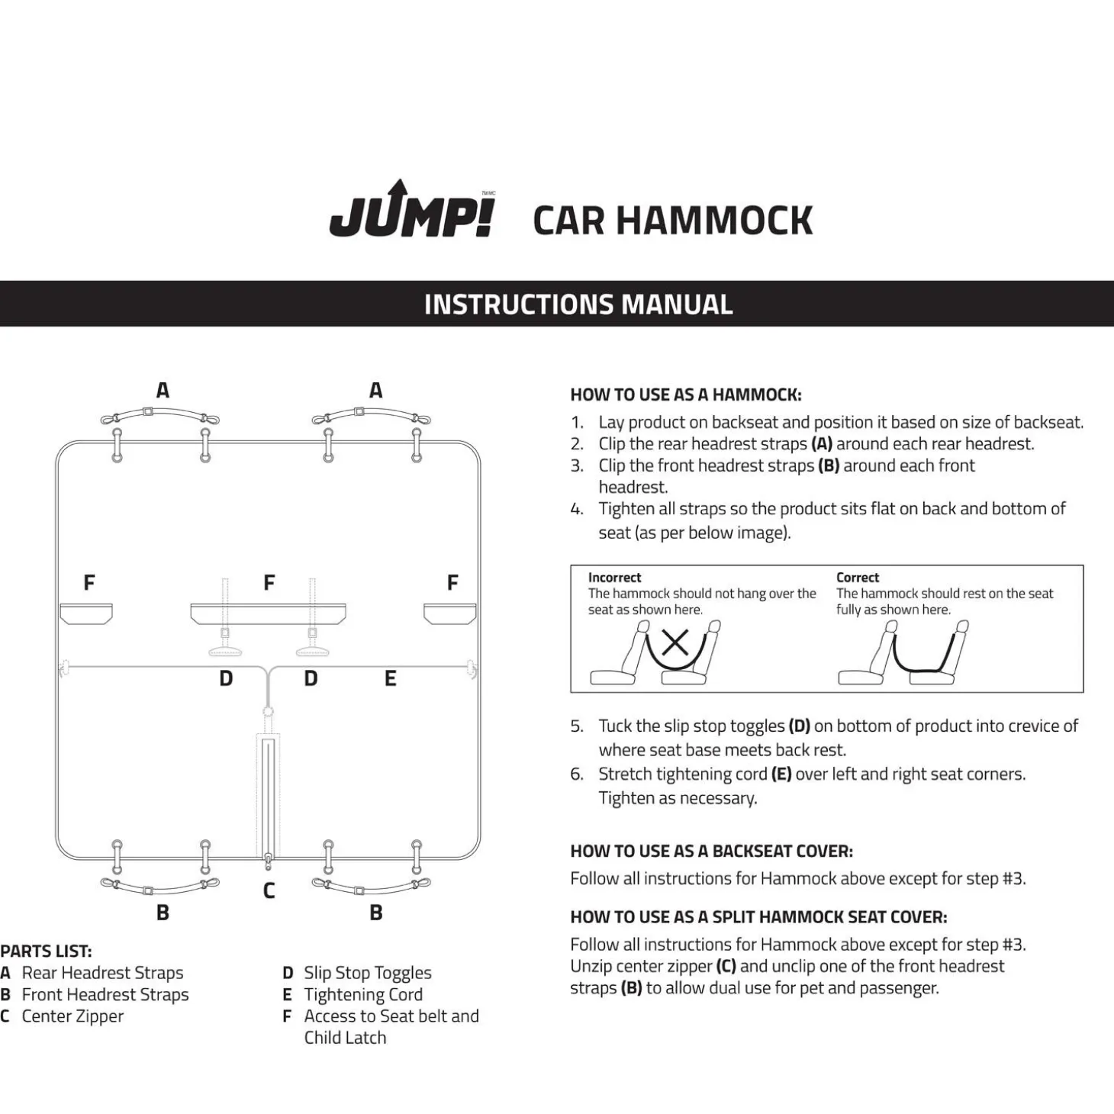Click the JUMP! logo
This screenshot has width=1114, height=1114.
412,211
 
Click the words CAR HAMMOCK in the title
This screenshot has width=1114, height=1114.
672,221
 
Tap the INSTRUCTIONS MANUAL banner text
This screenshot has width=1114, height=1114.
578,304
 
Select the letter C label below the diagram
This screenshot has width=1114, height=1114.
269,890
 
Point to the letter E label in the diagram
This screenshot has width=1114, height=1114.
391,678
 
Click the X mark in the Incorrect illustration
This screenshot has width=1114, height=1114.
675,643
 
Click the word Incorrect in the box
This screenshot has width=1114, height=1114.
614,578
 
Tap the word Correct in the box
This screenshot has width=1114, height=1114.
857,578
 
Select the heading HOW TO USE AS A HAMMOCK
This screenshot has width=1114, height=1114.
685,395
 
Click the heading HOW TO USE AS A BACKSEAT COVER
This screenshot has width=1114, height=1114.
711,852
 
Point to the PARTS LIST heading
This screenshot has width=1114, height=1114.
46,951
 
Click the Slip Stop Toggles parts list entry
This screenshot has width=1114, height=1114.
367,973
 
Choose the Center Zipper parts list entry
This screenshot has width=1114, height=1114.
72,1016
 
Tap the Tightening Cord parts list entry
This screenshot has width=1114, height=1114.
362,995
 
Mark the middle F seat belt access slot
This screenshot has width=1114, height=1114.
268,613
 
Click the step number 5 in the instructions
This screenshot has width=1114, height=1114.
577,726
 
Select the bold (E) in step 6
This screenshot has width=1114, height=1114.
781,774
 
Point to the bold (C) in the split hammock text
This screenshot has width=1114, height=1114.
726,967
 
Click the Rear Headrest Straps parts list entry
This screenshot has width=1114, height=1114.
102,973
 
